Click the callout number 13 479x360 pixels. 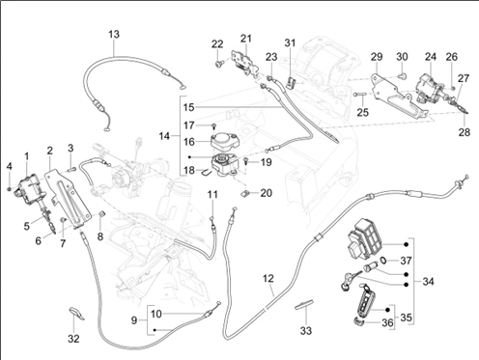coord(114,34)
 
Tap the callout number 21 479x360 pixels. coord(246,39)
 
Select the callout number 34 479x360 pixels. coord(428,282)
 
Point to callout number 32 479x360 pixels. coord(73,339)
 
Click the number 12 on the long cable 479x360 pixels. coord(268,278)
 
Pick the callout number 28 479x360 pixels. coord(465,132)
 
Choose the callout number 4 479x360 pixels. coord(10,166)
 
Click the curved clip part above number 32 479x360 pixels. coord(76,314)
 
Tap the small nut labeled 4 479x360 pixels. coord(10,188)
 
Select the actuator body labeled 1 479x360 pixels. coord(28,185)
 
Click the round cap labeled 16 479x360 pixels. coord(223,142)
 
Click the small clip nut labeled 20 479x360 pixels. coord(245,194)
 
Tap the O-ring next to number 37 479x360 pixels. coord(383,260)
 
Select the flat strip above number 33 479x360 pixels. coord(304,304)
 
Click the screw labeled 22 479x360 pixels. coord(219,64)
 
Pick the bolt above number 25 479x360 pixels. coord(359,95)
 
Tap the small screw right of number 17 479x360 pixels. coord(213,125)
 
